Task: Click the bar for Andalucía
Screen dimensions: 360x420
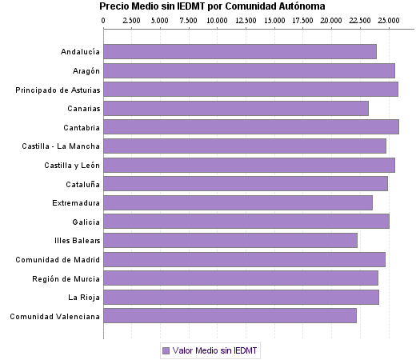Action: coord(240,52)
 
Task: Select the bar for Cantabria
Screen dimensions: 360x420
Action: coord(251,127)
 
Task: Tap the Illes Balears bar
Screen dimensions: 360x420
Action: coord(230,240)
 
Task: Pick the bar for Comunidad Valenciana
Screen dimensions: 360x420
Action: coord(230,316)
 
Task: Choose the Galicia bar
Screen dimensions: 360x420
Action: coord(246,222)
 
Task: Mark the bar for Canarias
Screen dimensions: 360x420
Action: coord(236,108)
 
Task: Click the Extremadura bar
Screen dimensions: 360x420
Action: coord(238,202)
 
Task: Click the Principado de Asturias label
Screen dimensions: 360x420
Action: coord(58,90)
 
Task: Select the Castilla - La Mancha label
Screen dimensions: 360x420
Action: coord(62,146)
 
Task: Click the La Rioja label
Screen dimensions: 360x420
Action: coord(83,298)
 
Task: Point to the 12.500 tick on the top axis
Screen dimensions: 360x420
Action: coord(246,19)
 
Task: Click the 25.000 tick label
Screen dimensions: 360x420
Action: coord(388,19)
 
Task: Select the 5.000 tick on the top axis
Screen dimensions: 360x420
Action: coord(161,19)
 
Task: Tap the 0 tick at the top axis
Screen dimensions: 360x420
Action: coord(104,19)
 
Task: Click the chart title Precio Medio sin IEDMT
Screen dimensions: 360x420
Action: coord(212,6)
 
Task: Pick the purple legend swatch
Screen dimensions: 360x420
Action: coord(166,350)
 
